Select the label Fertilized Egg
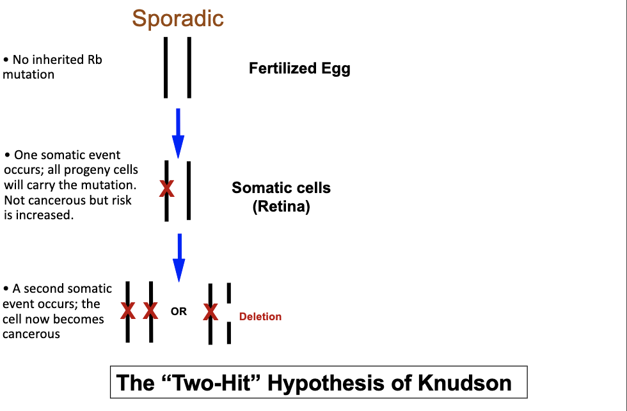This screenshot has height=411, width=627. pos(299,68)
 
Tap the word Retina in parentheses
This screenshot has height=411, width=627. pos(281,207)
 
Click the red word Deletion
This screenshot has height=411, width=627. pos(260,316)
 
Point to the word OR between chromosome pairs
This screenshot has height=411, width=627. pos(179,312)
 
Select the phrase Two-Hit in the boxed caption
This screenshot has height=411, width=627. pos(214,383)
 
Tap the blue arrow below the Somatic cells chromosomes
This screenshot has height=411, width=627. pos(179,256)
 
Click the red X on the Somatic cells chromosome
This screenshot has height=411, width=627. pos(166,188)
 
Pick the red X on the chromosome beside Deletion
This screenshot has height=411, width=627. pos(210,312)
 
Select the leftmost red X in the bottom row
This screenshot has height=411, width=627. pos(128,311)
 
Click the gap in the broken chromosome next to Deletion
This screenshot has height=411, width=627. pos(228,313)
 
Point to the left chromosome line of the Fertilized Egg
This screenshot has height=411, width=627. pos(166,67)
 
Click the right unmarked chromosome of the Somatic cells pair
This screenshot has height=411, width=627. pos(189,190)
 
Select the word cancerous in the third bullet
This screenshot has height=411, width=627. pos(31,334)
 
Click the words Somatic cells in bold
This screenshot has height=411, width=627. pos(281,188)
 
